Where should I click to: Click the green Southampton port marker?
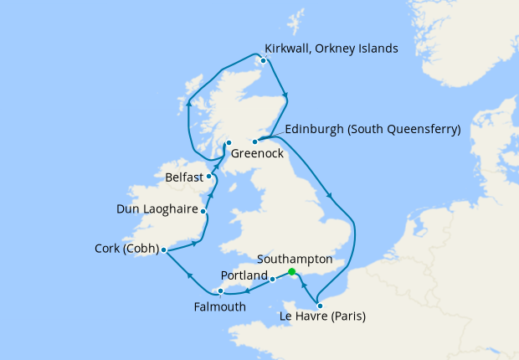coord(291,272)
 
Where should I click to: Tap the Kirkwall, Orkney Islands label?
coord(331,49)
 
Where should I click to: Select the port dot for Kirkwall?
coord(264,60)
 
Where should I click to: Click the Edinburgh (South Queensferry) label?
coord(373,130)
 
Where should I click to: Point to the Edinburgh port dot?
coord(254,141)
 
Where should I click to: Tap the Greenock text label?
coord(257,154)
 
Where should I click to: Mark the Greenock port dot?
coord(229,143)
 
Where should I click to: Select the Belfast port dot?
coord(209,177)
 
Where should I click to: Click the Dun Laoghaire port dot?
coord(203,212)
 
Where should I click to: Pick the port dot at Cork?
coord(164,250)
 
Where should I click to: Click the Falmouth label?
coord(219,306)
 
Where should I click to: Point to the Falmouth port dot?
coord(220,292)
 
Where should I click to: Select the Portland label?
coord(244,275)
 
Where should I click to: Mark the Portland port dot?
coord(273,280)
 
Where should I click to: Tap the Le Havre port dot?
coord(320,305)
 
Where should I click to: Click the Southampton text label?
coord(295,259)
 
